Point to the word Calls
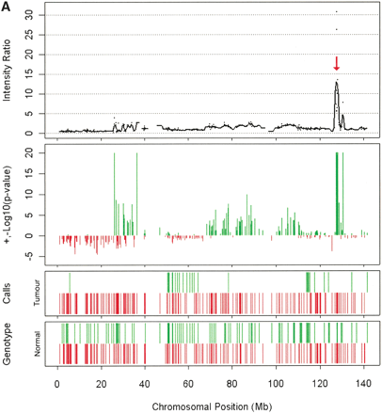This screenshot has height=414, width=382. point(12,295)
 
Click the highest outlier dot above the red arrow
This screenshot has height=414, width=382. point(336,11)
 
